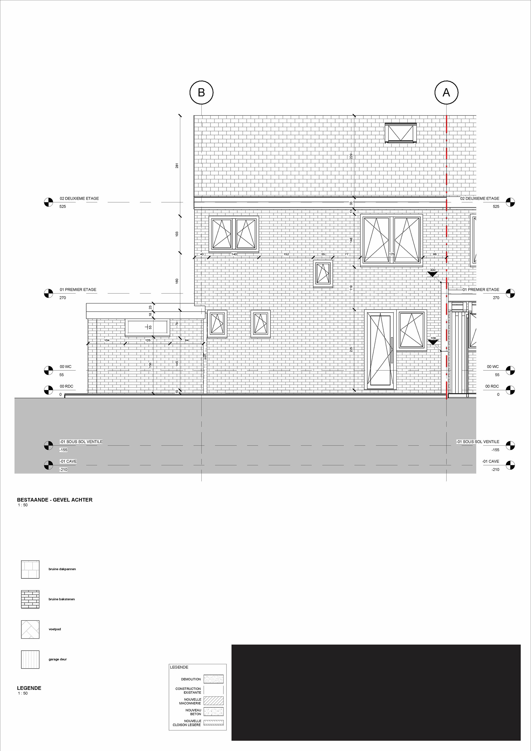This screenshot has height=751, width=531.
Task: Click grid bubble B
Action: pyautogui.click(x=201, y=93)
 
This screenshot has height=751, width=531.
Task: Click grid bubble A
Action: pyautogui.click(x=446, y=93)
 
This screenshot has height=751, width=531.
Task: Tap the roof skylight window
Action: pyautogui.click(x=401, y=133)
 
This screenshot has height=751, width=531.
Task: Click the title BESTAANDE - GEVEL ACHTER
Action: pyautogui.click(x=54, y=500)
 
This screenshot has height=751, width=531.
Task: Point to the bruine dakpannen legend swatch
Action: pyautogui.click(x=30, y=570)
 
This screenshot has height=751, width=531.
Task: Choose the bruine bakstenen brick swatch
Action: pyautogui.click(x=30, y=599)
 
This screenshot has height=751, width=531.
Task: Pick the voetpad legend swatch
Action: pyautogui.click(x=30, y=629)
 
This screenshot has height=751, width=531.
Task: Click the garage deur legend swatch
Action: pyautogui.click(x=30, y=659)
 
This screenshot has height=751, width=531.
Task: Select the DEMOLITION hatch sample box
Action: pyautogui.click(x=214, y=679)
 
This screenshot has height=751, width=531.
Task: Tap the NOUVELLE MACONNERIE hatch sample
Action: pyautogui.click(x=214, y=701)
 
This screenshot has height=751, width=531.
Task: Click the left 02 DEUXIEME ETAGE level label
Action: pyautogui.click(x=79, y=199)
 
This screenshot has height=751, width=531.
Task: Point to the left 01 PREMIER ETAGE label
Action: pyautogui.click(x=78, y=290)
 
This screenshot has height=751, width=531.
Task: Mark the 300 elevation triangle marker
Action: pyautogui.click(x=433, y=274)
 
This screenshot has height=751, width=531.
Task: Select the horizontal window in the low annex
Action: pyautogui.click(x=147, y=328)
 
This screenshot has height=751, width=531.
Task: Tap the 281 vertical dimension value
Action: pyautogui.click(x=177, y=165)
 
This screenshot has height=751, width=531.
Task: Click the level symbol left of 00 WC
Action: pyautogui.click(x=48, y=371)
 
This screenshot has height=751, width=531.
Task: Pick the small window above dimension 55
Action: pyautogui.click(x=323, y=274)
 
